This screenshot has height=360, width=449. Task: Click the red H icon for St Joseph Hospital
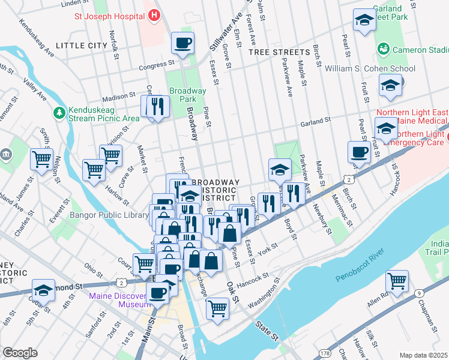click(154, 14)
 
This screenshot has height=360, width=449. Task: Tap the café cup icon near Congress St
click(183, 43)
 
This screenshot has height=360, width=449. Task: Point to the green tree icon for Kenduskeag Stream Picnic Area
click(59, 112)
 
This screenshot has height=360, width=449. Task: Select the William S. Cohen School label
click(370, 68)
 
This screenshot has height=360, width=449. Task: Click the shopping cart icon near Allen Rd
click(397, 280)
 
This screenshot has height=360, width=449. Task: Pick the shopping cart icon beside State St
click(217, 308)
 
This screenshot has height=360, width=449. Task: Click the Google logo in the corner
click(20, 353)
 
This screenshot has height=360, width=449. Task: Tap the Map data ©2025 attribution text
click(423, 355)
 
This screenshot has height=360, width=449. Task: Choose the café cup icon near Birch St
click(359, 152)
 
